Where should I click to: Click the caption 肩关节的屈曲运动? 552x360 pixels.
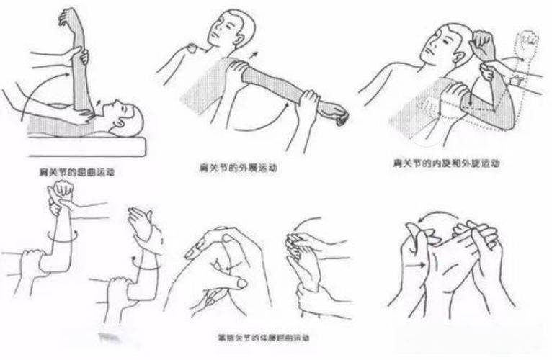coord(79,173)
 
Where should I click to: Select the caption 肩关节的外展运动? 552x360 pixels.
coord(239,168)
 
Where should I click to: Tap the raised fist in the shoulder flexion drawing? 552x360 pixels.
coord(71,18)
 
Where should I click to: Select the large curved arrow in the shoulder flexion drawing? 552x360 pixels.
coord(43,86)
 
